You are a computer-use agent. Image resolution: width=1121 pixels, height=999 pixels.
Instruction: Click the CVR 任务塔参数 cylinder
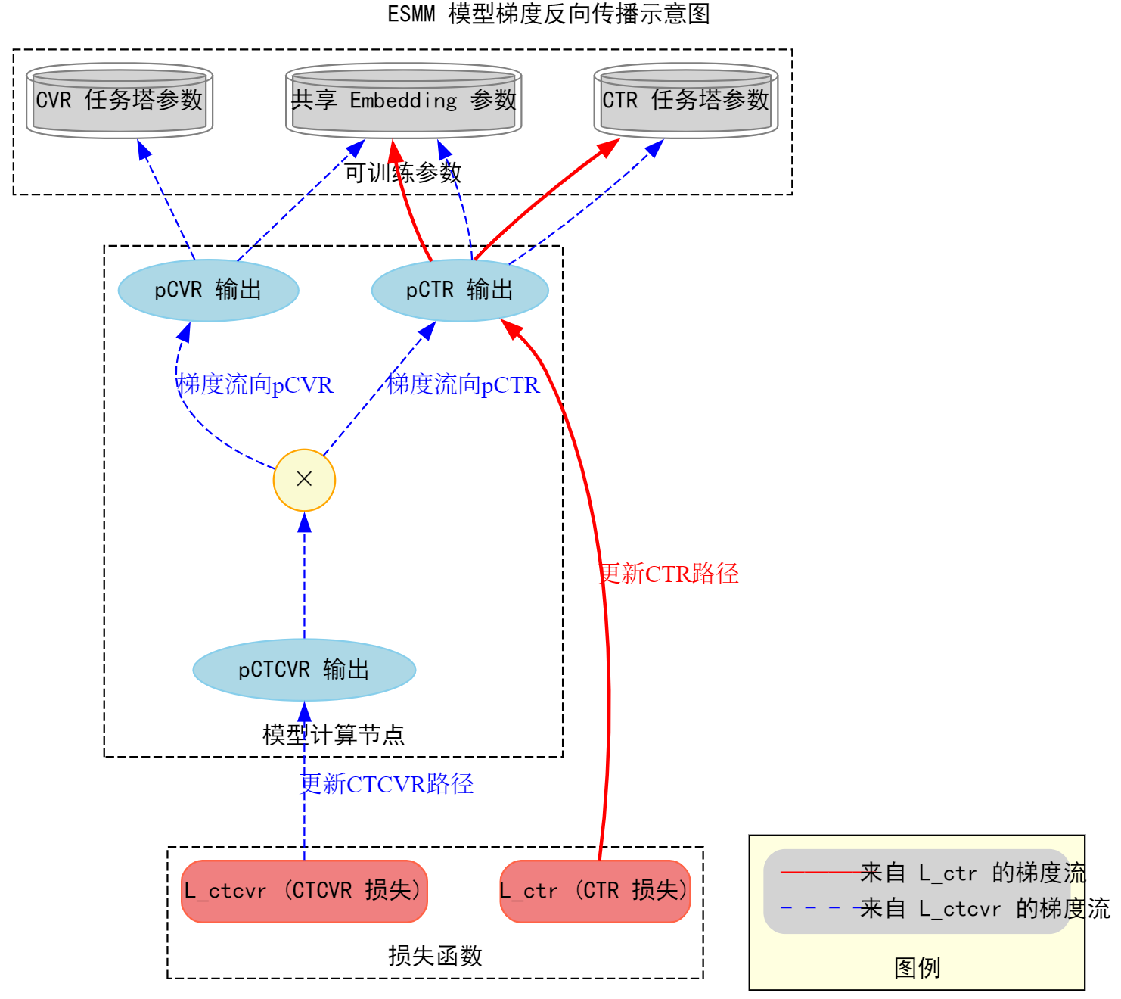120,101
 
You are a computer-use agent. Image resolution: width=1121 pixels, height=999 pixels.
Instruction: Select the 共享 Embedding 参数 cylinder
403,101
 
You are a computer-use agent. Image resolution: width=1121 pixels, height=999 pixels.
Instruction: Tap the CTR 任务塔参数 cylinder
685,101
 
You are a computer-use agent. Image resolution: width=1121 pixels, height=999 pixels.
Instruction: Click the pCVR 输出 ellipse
208,290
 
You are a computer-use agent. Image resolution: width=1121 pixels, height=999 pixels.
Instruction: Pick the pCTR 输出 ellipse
460,290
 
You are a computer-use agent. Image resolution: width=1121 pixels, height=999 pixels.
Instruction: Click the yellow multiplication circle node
304,480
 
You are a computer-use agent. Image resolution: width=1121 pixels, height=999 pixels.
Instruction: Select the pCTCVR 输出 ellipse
304,670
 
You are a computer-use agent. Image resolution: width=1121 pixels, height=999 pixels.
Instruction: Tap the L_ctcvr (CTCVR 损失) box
304,891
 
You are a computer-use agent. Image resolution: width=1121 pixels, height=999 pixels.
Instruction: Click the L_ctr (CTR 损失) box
595,891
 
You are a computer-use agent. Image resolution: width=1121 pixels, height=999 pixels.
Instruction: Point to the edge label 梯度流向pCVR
255,384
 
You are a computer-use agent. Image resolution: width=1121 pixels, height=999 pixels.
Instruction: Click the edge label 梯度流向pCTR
463,384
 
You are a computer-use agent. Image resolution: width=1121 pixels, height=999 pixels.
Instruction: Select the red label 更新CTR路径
669,574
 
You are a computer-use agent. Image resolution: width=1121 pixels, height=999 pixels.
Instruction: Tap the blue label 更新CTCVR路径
387,784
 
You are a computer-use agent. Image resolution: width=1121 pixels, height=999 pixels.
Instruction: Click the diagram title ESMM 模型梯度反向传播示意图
548,14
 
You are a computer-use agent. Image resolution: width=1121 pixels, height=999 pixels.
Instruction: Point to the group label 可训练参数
402,173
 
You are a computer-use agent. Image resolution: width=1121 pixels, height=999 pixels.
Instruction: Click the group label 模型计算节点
333,734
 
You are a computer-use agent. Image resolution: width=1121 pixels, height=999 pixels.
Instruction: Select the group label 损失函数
435,956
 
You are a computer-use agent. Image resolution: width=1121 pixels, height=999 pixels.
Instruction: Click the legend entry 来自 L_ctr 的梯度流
973,873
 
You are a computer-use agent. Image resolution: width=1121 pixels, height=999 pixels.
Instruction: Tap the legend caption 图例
917,968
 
